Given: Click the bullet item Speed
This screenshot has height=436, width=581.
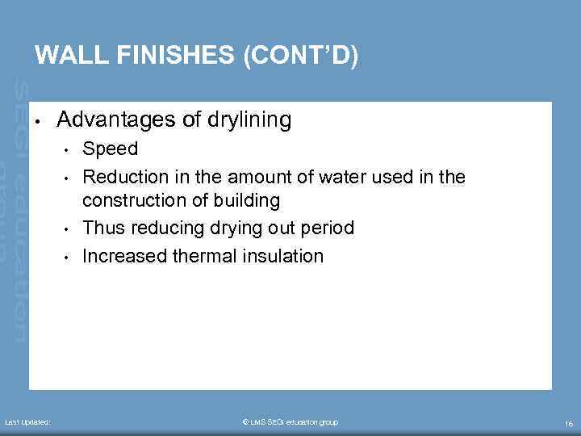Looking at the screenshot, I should (x=111, y=149).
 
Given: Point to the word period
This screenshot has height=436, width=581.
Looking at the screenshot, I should (x=326, y=228).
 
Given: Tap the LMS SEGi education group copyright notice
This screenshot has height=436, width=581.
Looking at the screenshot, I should (x=290, y=422).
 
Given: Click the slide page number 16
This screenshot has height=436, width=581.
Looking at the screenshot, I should (x=569, y=423).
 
